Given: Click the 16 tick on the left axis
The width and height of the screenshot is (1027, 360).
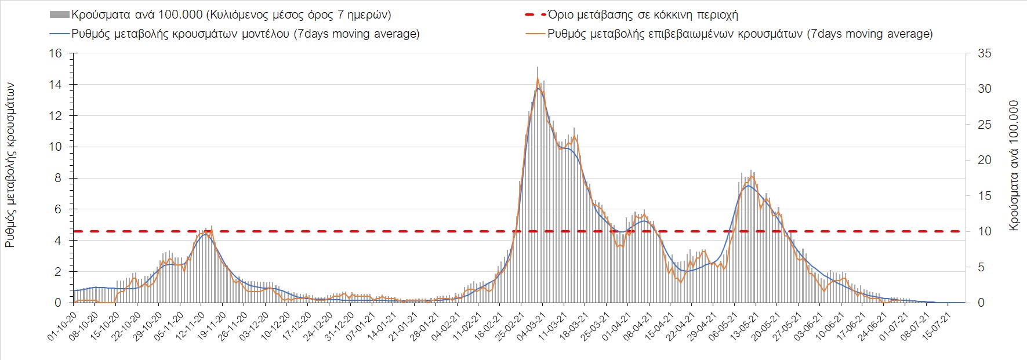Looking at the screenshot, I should [x=55, y=53].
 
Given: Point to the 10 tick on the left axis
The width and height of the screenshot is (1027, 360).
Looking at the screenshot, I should [x=55, y=147].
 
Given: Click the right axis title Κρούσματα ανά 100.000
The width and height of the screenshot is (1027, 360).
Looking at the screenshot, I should [x=1014, y=166].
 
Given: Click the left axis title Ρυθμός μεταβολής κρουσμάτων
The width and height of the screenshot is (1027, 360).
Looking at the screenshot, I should [x=10, y=166].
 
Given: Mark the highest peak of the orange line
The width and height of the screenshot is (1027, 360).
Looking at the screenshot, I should [x=538, y=78].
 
